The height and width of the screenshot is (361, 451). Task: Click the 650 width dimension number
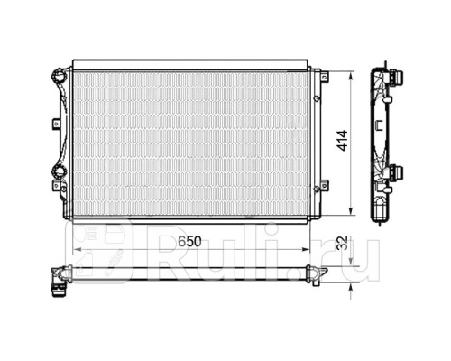(x=189, y=241)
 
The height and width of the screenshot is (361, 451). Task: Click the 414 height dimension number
(x=343, y=141)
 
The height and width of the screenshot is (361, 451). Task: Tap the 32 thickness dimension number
(x=343, y=243)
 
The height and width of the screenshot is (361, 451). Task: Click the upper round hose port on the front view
(x=59, y=77)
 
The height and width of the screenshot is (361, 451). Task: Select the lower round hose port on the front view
(x=59, y=171)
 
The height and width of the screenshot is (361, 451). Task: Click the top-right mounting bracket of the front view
(x=325, y=77)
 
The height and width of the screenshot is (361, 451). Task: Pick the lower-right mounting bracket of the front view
(x=324, y=184)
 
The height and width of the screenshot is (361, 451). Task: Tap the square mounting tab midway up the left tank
(x=57, y=124)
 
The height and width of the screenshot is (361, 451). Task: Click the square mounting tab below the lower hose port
(x=57, y=186)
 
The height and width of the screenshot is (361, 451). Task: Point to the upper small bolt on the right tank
(x=317, y=98)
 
